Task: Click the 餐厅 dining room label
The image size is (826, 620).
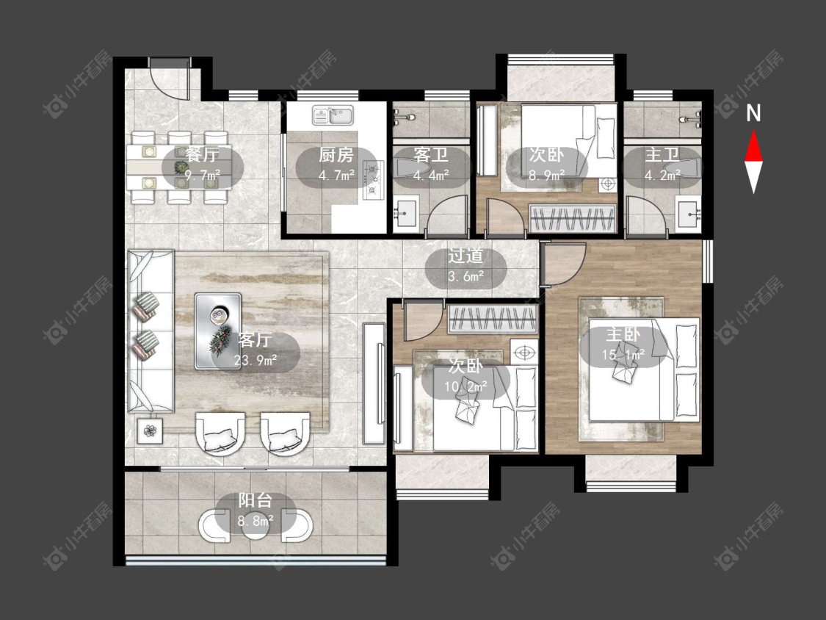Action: pos(203,155)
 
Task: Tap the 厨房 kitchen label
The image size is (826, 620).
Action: pos(336,155)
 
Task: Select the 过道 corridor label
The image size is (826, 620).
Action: pos(465,256)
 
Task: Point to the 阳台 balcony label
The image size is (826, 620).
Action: pos(255,500)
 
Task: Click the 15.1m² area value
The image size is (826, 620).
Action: pos(623,355)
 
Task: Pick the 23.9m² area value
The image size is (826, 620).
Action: pos(256,361)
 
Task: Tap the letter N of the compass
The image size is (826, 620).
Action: pos(754,113)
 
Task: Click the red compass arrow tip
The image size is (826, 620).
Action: pos(754,130)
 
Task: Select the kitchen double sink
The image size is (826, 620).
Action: pos(333,115)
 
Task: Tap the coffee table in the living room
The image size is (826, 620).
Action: pos(218,331)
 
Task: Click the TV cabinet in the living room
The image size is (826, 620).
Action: pos(374,383)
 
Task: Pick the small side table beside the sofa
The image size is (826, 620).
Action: pos(150,431)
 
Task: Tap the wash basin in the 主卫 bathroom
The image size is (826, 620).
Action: pos(689,214)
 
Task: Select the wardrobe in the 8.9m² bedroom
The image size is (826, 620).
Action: pos(573,218)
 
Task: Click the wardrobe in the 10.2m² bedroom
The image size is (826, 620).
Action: pos(493,318)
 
